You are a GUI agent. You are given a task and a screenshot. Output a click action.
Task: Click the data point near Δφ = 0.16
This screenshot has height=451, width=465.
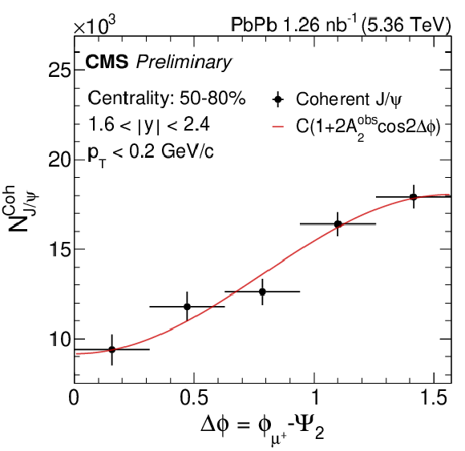pos(111,349)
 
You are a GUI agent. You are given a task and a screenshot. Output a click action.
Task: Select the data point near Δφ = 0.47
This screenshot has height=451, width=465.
pos(187,307)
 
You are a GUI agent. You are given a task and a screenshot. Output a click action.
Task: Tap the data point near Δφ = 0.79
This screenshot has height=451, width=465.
pos(262,292)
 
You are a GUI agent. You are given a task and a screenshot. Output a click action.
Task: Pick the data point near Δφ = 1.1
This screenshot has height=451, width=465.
pos(338,224)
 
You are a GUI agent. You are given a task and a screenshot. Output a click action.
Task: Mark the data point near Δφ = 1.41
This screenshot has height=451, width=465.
pos(414,197)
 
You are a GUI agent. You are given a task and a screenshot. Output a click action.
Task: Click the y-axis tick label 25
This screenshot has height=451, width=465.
pos(59,70)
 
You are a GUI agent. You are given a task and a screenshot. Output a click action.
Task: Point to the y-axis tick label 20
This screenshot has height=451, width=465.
pos(59,160)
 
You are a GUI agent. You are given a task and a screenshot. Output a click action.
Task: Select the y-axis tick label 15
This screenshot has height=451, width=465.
pos(60,249)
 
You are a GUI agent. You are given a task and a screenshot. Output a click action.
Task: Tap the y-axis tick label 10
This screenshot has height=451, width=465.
pos(60,339)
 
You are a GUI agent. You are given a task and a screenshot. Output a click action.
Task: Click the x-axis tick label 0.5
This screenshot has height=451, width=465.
pos(194,397)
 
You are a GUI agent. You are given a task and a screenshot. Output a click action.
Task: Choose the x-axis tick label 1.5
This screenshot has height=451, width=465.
pos(434,397)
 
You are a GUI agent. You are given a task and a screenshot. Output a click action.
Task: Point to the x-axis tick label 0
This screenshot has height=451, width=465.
pos(74,397)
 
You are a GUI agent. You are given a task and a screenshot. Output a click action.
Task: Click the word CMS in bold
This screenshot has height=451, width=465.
pos(107,62)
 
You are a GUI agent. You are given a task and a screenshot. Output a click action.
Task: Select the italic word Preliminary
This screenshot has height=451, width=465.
pos(184,63)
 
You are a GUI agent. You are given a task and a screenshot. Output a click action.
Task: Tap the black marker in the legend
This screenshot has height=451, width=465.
pos(277,99)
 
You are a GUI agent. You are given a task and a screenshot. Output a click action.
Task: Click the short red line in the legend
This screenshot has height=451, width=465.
pos(278,127)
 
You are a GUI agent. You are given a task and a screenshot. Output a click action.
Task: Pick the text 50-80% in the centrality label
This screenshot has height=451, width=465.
pos(212,98)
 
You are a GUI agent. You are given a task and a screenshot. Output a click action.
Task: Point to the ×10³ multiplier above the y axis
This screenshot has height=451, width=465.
pos(95,26)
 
